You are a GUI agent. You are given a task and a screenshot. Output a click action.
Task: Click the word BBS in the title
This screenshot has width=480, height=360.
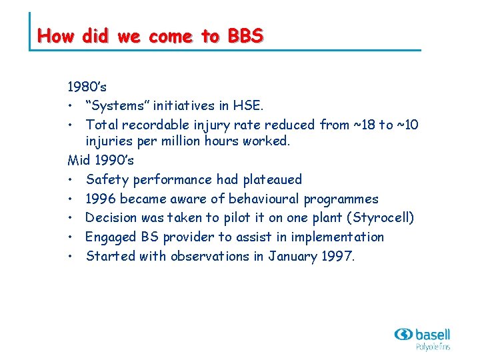point(245,35)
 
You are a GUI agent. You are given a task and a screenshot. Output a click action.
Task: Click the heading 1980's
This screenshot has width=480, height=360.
point(87,87)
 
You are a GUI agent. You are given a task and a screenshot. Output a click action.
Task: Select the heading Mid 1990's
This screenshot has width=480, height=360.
point(101,161)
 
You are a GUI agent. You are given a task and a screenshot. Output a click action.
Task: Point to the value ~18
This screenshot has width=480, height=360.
point(362,125)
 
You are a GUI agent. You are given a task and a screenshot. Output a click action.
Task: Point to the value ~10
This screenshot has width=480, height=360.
point(408,125)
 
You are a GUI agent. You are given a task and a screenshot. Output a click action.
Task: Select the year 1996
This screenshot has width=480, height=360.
point(100,199)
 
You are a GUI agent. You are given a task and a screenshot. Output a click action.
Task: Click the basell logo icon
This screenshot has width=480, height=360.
point(403,335)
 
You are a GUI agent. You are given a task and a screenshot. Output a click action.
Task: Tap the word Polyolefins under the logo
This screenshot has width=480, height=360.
point(433,347)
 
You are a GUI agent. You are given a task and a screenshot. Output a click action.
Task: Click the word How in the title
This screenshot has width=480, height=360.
point(56,35)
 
